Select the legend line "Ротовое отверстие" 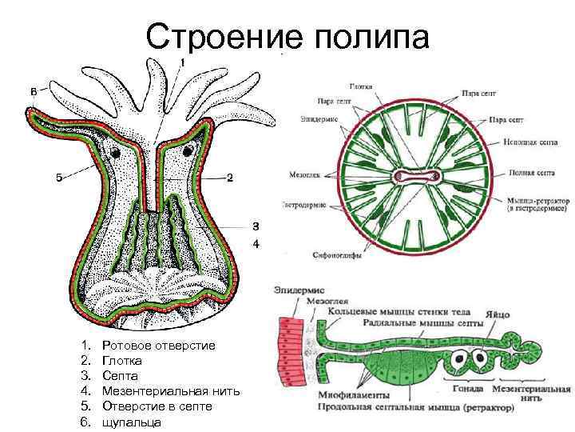pyautogui.click(x=160, y=345)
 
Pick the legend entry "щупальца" pyautogui.click(x=132, y=422)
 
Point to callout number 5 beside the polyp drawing pyautogui.click(x=58, y=178)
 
